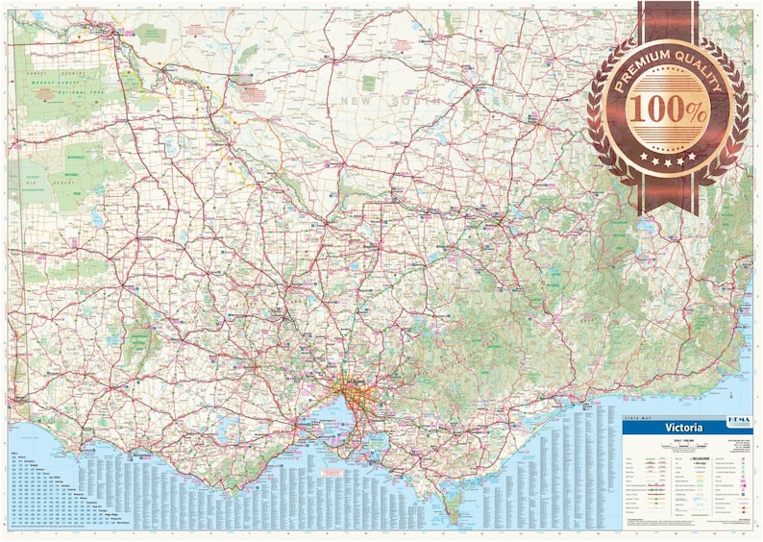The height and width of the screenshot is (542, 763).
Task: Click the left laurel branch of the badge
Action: pyautogui.click(x=603, y=115)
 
